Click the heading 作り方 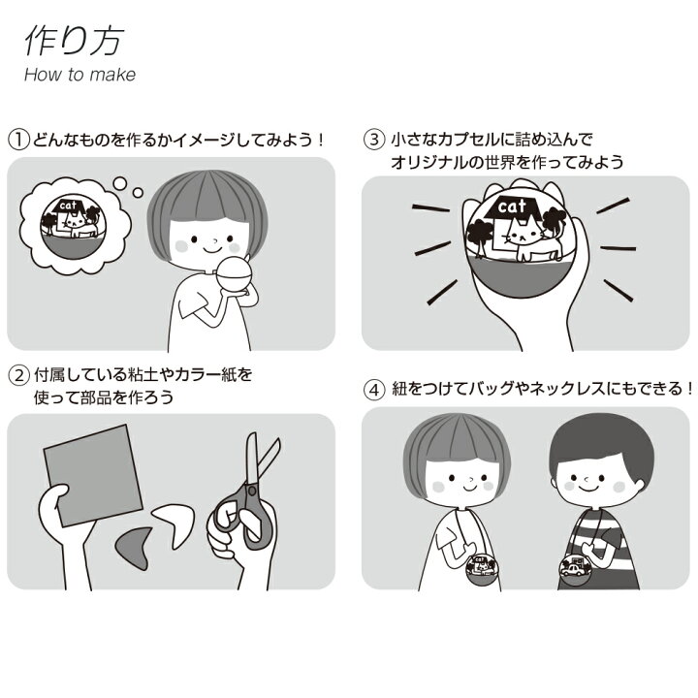point(74,41)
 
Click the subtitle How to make point(79,75)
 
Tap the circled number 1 point(19,140)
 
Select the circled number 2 point(19,375)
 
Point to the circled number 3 point(374,140)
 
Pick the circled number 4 point(374,390)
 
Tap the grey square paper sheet point(93,475)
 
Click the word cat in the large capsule point(512,206)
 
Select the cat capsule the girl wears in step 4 point(483,570)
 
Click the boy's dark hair point(601,447)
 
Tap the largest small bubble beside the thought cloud point(120,183)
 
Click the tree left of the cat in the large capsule point(480,235)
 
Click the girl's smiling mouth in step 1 point(212,249)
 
